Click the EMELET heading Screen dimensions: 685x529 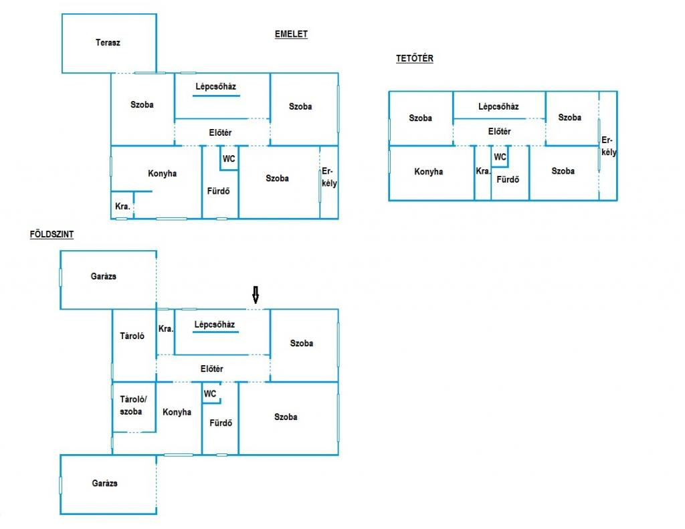click(x=291, y=34)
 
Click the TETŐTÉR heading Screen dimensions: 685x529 click(x=415, y=58)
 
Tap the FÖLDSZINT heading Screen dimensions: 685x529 click(x=52, y=234)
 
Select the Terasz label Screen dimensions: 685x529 click(x=108, y=42)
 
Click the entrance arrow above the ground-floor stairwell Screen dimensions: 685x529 click(x=256, y=295)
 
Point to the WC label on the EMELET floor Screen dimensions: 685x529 click(x=229, y=159)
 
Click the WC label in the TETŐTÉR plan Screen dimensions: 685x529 click(x=500, y=156)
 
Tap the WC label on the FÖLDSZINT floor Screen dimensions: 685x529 click(x=210, y=394)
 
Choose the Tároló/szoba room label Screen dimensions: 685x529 click(x=133, y=405)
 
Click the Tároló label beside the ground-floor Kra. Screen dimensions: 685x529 click(x=132, y=336)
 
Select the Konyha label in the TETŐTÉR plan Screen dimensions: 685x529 click(x=429, y=172)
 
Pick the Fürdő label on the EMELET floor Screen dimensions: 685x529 click(x=219, y=191)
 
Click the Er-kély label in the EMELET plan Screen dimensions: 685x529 click(x=329, y=177)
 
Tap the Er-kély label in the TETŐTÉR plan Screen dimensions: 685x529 click(x=609, y=146)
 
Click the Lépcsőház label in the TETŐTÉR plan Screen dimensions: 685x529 click(x=498, y=106)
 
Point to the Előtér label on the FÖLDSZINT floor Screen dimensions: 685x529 click(x=212, y=368)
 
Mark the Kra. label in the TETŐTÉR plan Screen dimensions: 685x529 click(x=483, y=171)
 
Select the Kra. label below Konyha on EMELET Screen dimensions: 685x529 click(x=123, y=206)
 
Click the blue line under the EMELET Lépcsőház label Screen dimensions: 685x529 click(x=216, y=95)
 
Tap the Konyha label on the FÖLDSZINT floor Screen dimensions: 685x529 click(x=177, y=412)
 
